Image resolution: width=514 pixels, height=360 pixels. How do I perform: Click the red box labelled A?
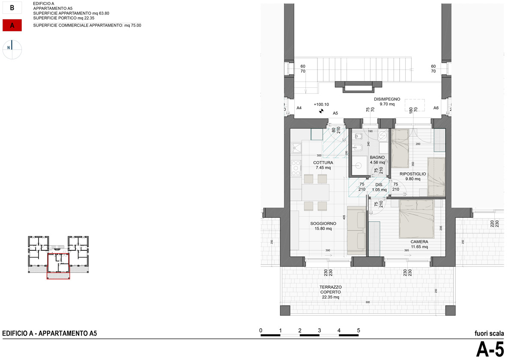pos(12,26)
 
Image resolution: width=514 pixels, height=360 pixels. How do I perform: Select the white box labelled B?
pos(12,8)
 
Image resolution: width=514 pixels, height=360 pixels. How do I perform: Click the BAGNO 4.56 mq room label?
pos(377,160)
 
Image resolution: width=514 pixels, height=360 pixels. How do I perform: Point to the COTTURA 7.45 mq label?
pos(323,165)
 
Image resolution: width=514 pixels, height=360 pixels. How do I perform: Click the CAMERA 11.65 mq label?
pos(419,244)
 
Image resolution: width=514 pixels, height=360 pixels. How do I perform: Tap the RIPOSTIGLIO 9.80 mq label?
pos(412,177)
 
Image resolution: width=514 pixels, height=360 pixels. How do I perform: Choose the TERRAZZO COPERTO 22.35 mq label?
pos(330,292)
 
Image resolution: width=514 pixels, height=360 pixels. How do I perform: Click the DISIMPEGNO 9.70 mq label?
pos(387,102)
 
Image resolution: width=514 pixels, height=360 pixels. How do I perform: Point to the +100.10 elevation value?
pos(321,104)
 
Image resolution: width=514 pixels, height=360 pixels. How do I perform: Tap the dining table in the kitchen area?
pos(315,192)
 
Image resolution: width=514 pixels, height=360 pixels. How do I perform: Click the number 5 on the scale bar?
pos(359,330)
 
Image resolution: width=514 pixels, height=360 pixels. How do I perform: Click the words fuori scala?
pos(490,333)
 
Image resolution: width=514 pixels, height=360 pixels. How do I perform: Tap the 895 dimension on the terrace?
pos(368,302)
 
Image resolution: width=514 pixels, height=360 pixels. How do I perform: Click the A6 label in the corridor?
pos(436,108)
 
